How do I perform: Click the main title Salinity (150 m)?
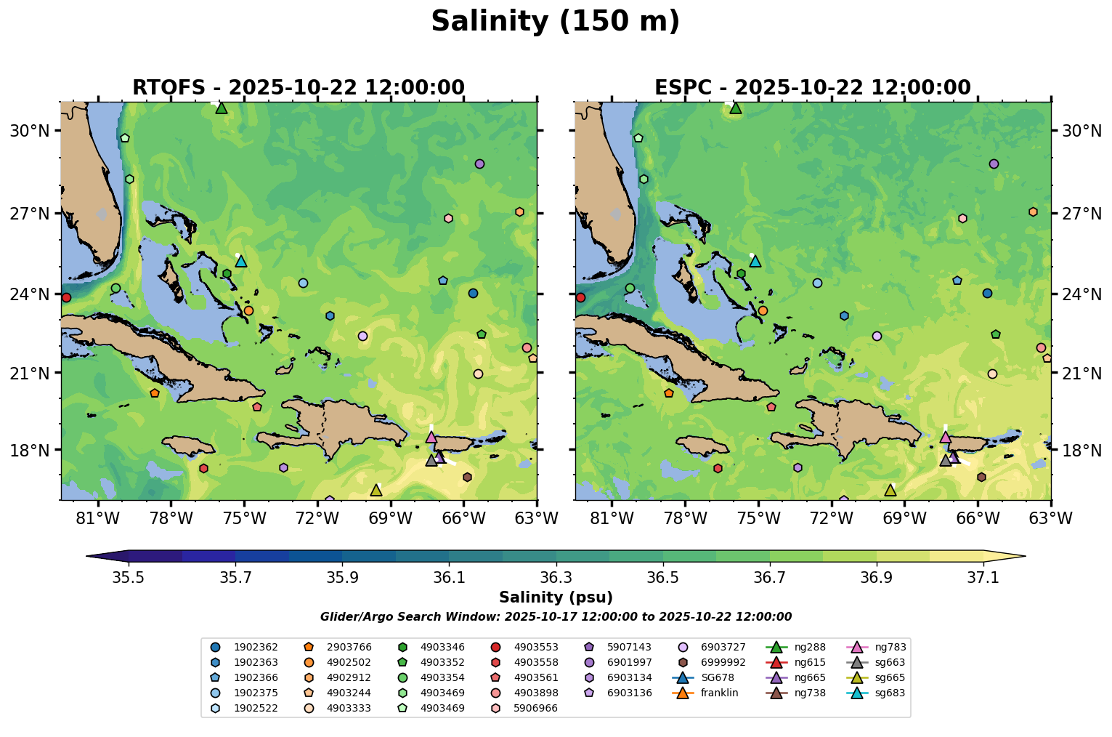pyautogui.click(x=555, y=22)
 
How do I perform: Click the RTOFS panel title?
pyautogui.click(x=298, y=88)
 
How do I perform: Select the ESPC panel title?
pyautogui.click(x=812, y=88)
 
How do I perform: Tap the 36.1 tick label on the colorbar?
pyautogui.click(x=449, y=578)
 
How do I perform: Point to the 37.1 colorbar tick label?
pyautogui.click(x=983, y=578)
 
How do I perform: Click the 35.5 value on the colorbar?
pyautogui.click(x=129, y=578)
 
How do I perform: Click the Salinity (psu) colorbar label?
pyautogui.click(x=556, y=597)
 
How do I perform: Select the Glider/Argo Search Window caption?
pyautogui.click(x=556, y=617)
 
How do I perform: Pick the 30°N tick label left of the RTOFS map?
pyautogui.click(x=30, y=131)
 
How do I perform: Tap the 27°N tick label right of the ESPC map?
pyautogui.click(x=1081, y=214)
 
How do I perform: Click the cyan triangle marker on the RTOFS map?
pyautogui.click(x=241, y=261)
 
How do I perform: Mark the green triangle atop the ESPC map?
pyautogui.click(x=736, y=108)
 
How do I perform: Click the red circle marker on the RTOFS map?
pyautogui.click(x=66, y=297)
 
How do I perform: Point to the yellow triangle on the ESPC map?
pyautogui.click(x=890, y=490)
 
